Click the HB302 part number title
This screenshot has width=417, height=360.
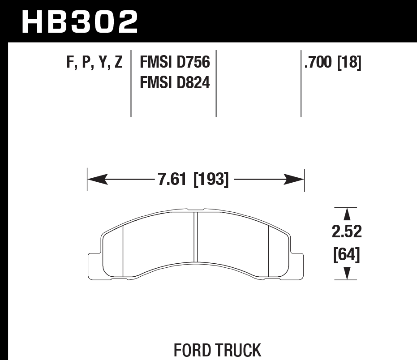point(80,21)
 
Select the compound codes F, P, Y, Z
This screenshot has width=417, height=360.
point(95,62)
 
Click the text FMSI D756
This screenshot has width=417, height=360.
point(175,62)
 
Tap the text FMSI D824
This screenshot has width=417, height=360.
point(175,82)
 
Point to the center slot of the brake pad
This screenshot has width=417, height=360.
point(195,236)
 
